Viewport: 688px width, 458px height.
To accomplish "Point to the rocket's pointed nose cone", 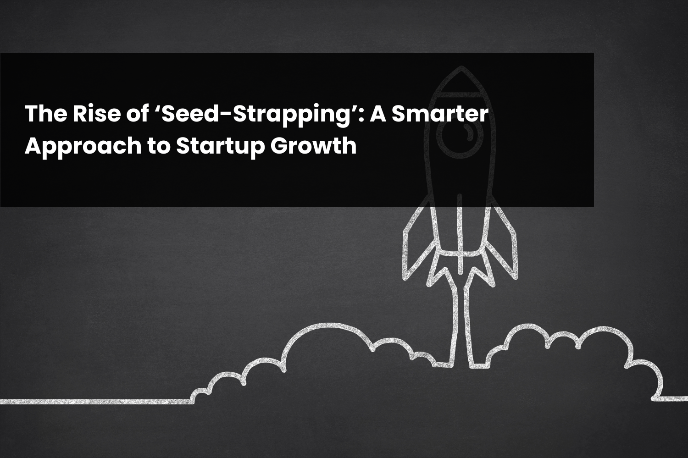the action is click(461, 79).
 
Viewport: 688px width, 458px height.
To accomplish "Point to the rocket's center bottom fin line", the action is click(460, 233).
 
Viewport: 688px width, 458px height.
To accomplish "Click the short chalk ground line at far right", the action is click(671, 399).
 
